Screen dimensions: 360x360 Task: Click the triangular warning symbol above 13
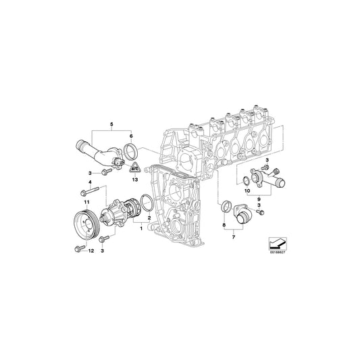coord(134,170)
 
